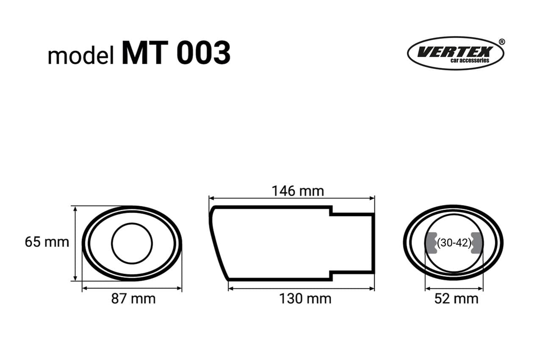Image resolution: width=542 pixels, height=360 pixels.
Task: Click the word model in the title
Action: pyautogui.click(x=81, y=56)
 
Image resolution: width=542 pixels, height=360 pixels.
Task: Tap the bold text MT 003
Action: pyautogui.click(x=176, y=53)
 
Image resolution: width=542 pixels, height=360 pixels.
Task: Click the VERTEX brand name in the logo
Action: pyautogui.click(x=455, y=52)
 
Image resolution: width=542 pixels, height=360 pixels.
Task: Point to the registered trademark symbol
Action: pyautogui.click(x=502, y=42)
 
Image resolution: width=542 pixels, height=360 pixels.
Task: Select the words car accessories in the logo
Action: pyautogui.click(x=470, y=60)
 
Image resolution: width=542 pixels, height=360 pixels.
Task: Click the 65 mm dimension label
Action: pyautogui.click(x=47, y=242)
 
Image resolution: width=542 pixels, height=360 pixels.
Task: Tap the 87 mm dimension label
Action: pyautogui.click(x=133, y=299)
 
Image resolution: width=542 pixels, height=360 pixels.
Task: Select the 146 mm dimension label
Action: pyautogui.click(x=298, y=191)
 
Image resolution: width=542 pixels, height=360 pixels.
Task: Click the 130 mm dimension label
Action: pyautogui.click(x=305, y=299)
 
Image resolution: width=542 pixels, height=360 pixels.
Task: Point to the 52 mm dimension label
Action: pyautogui.click(x=456, y=299)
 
